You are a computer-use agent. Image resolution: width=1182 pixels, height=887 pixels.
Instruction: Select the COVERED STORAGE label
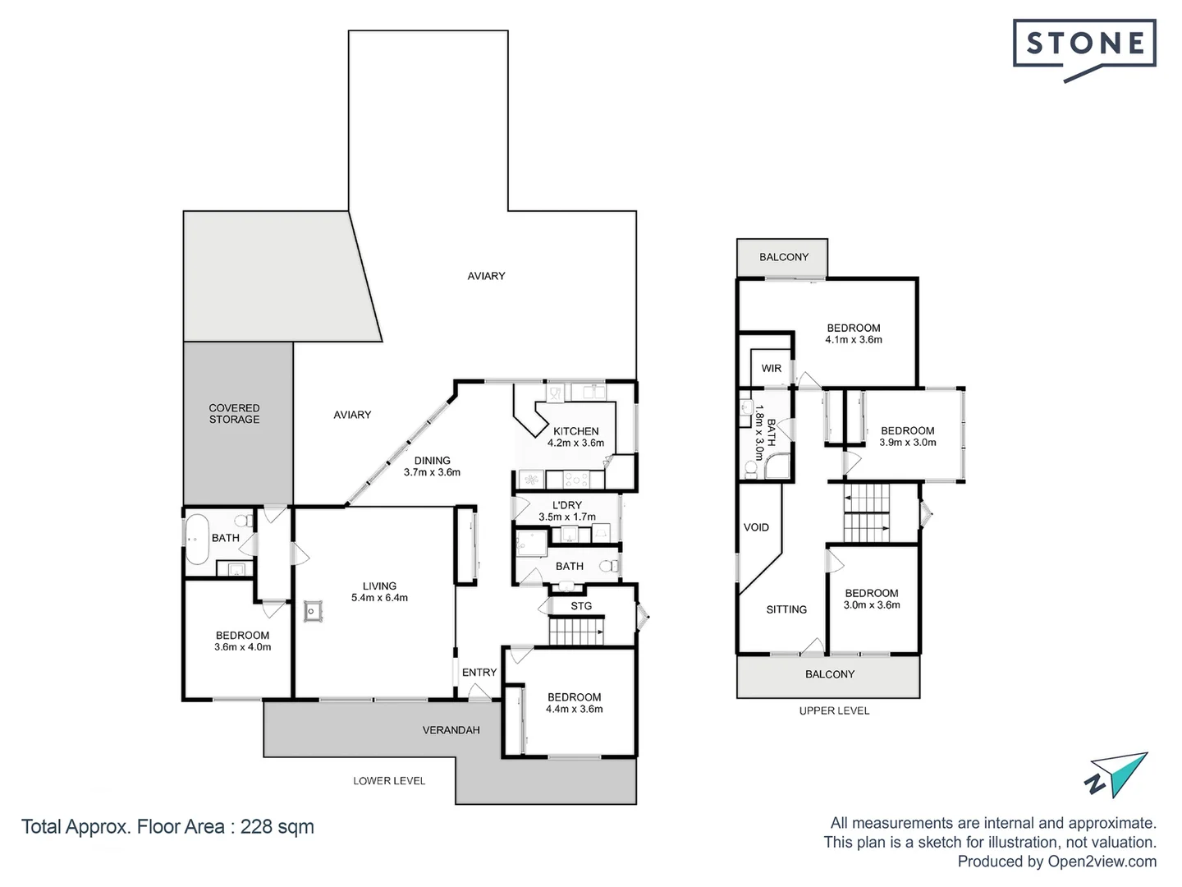[x=234, y=414]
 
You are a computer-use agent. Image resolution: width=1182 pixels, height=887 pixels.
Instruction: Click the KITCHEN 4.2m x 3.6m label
[x=575, y=437]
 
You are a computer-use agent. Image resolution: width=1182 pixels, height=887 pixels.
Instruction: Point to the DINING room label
[x=432, y=466]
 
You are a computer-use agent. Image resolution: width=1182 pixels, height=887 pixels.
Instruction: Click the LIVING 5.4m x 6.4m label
[x=379, y=591]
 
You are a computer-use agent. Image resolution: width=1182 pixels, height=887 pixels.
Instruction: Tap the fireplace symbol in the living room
[x=314, y=610]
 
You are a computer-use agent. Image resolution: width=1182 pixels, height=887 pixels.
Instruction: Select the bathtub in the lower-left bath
[x=196, y=539]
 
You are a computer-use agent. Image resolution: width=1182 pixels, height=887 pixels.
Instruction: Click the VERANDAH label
[x=451, y=729]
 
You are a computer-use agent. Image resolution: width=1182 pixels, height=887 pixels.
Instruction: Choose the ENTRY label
[x=479, y=672]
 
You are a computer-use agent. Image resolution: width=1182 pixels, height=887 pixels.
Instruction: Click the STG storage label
[x=581, y=606]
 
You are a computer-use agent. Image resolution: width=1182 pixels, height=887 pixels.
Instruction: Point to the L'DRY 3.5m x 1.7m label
[x=566, y=511]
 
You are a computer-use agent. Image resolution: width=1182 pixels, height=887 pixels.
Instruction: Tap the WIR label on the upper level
[x=772, y=368]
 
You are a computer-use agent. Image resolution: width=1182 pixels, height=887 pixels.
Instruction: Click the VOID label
[x=756, y=527]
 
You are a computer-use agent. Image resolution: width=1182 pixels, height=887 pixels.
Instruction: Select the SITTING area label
[x=786, y=609]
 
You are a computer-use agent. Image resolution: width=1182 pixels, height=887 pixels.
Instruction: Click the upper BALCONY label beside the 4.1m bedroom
[x=783, y=257]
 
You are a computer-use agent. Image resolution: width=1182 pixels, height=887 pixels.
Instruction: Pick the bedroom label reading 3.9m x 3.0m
[x=907, y=436]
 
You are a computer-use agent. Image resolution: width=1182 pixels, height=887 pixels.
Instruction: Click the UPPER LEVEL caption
[x=834, y=710]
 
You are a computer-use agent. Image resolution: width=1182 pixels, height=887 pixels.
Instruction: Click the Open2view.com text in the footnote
[x=1102, y=862]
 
